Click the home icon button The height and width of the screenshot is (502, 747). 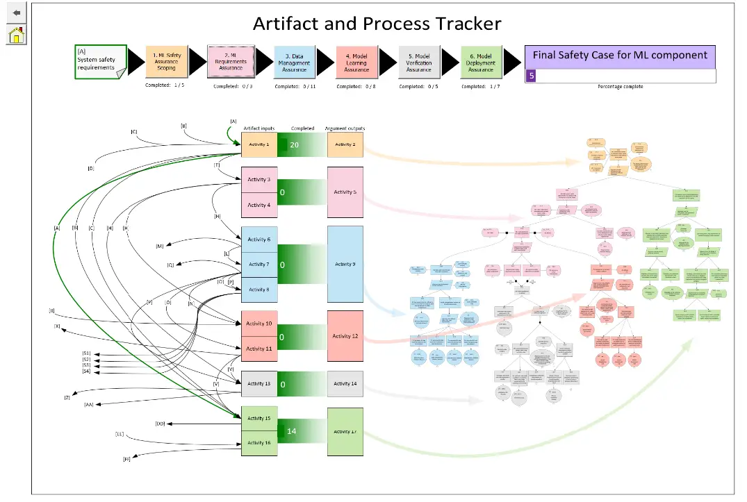(16, 34)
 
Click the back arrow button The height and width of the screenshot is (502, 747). (16, 12)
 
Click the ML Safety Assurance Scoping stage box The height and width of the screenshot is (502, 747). (166, 62)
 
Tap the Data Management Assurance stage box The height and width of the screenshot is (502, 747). (294, 62)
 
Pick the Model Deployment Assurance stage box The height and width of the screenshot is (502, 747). (481, 62)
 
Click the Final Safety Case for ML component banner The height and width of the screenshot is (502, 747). (620, 56)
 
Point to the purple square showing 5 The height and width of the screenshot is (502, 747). (532, 76)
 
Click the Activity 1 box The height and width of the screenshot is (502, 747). (258, 144)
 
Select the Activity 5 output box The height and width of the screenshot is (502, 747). (345, 192)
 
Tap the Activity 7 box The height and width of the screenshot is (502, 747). (258, 265)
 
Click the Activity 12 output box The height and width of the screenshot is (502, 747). (345, 336)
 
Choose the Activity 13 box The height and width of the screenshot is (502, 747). (258, 383)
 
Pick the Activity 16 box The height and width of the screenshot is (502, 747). (258, 443)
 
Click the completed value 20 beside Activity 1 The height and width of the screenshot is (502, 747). (294, 144)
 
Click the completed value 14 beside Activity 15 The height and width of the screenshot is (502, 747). (292, 431)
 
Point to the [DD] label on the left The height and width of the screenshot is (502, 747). (160, 424)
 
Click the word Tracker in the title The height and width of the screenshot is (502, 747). (468, 24)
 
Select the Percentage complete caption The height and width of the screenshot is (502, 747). (620, 87)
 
